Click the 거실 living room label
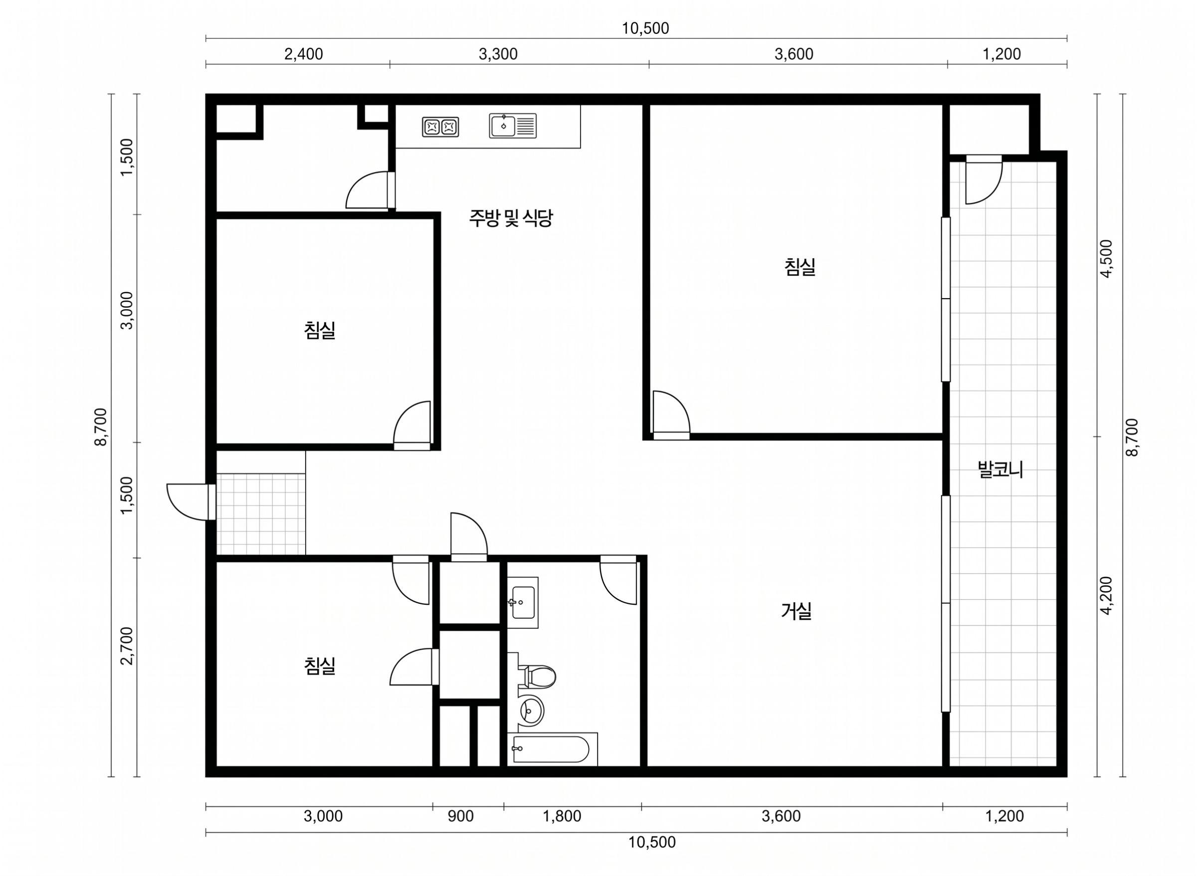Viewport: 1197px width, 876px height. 796,611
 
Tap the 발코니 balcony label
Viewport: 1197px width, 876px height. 1000,470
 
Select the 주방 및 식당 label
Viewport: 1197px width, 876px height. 511,218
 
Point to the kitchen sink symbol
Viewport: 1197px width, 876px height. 512,126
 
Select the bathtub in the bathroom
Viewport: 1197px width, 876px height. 552,749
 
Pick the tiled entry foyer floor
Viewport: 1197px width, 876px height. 260,514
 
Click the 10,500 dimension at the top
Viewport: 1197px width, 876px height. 645,28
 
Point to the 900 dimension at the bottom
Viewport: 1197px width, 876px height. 460,816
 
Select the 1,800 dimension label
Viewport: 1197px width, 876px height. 562,816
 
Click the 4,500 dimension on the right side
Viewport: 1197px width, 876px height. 1106,259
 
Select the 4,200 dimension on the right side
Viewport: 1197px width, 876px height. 1106,595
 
